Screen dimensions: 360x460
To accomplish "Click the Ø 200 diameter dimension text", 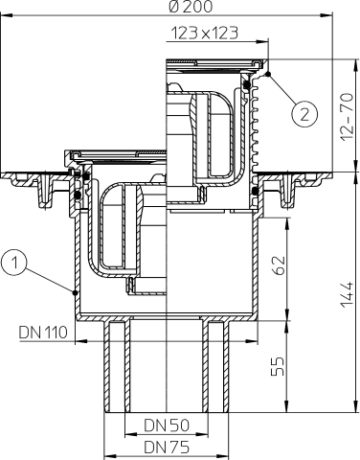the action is (191, 7).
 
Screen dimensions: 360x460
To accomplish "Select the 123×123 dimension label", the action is (205, 33).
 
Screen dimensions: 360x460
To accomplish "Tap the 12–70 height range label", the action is (347, 116).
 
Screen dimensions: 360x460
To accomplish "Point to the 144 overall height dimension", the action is (347, 294).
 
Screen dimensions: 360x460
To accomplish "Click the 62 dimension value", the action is (278, 265).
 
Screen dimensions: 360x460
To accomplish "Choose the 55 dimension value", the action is (278, 366).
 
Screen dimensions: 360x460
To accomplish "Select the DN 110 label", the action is (43, 333).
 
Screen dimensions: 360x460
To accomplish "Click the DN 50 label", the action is (167, 425).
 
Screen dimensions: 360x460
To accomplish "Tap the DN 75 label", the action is (167, 447).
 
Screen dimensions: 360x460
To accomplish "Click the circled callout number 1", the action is (14, 264).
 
